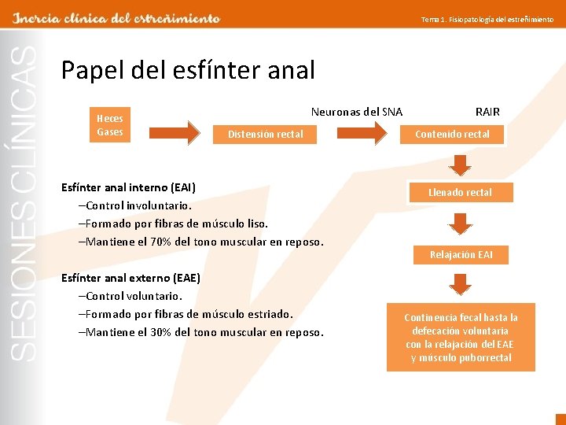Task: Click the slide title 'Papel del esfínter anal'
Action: coord(188,71)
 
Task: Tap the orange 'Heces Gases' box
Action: coord(110,125)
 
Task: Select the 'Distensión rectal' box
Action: coord(266,135)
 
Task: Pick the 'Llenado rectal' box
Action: coord(460,192)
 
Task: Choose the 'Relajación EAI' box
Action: coord(461,254)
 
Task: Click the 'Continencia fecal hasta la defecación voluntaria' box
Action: coord(461,337)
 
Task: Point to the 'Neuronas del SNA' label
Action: coord(357,112)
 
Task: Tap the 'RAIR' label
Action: coord(487,112)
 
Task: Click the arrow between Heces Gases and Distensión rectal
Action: coord(182,132)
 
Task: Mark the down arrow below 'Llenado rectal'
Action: coord(461,224)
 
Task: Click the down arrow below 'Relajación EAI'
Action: coord(461,283)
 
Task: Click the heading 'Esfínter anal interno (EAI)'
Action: coord(128,187)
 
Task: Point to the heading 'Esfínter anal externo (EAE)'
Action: coord(130,278)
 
